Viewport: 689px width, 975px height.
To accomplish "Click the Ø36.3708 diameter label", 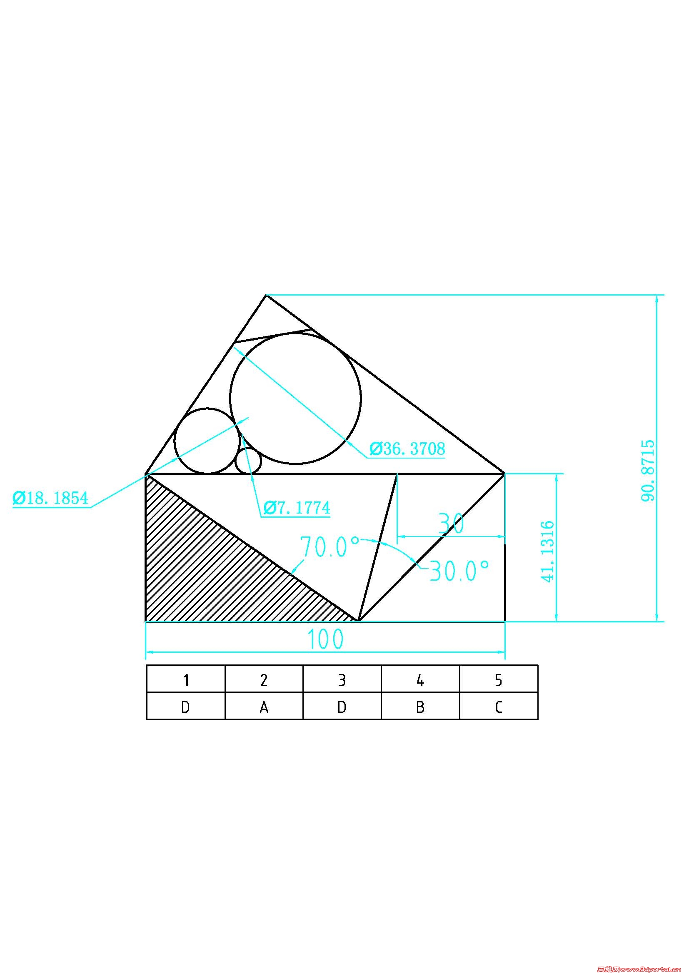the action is click(x=407, y=449).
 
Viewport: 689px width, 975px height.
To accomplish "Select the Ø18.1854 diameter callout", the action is click(x=51, y=498).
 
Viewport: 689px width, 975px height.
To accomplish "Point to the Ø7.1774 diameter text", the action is click(x=297, y=507).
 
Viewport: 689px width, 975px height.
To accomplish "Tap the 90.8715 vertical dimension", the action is click(x=648, y=471).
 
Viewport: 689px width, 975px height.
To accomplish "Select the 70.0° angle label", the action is click(x=330, y=546).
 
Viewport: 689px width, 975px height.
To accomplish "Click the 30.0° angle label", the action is click(x=459, y=570).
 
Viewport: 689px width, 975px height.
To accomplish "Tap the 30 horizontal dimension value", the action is click(x=452, y=524).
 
